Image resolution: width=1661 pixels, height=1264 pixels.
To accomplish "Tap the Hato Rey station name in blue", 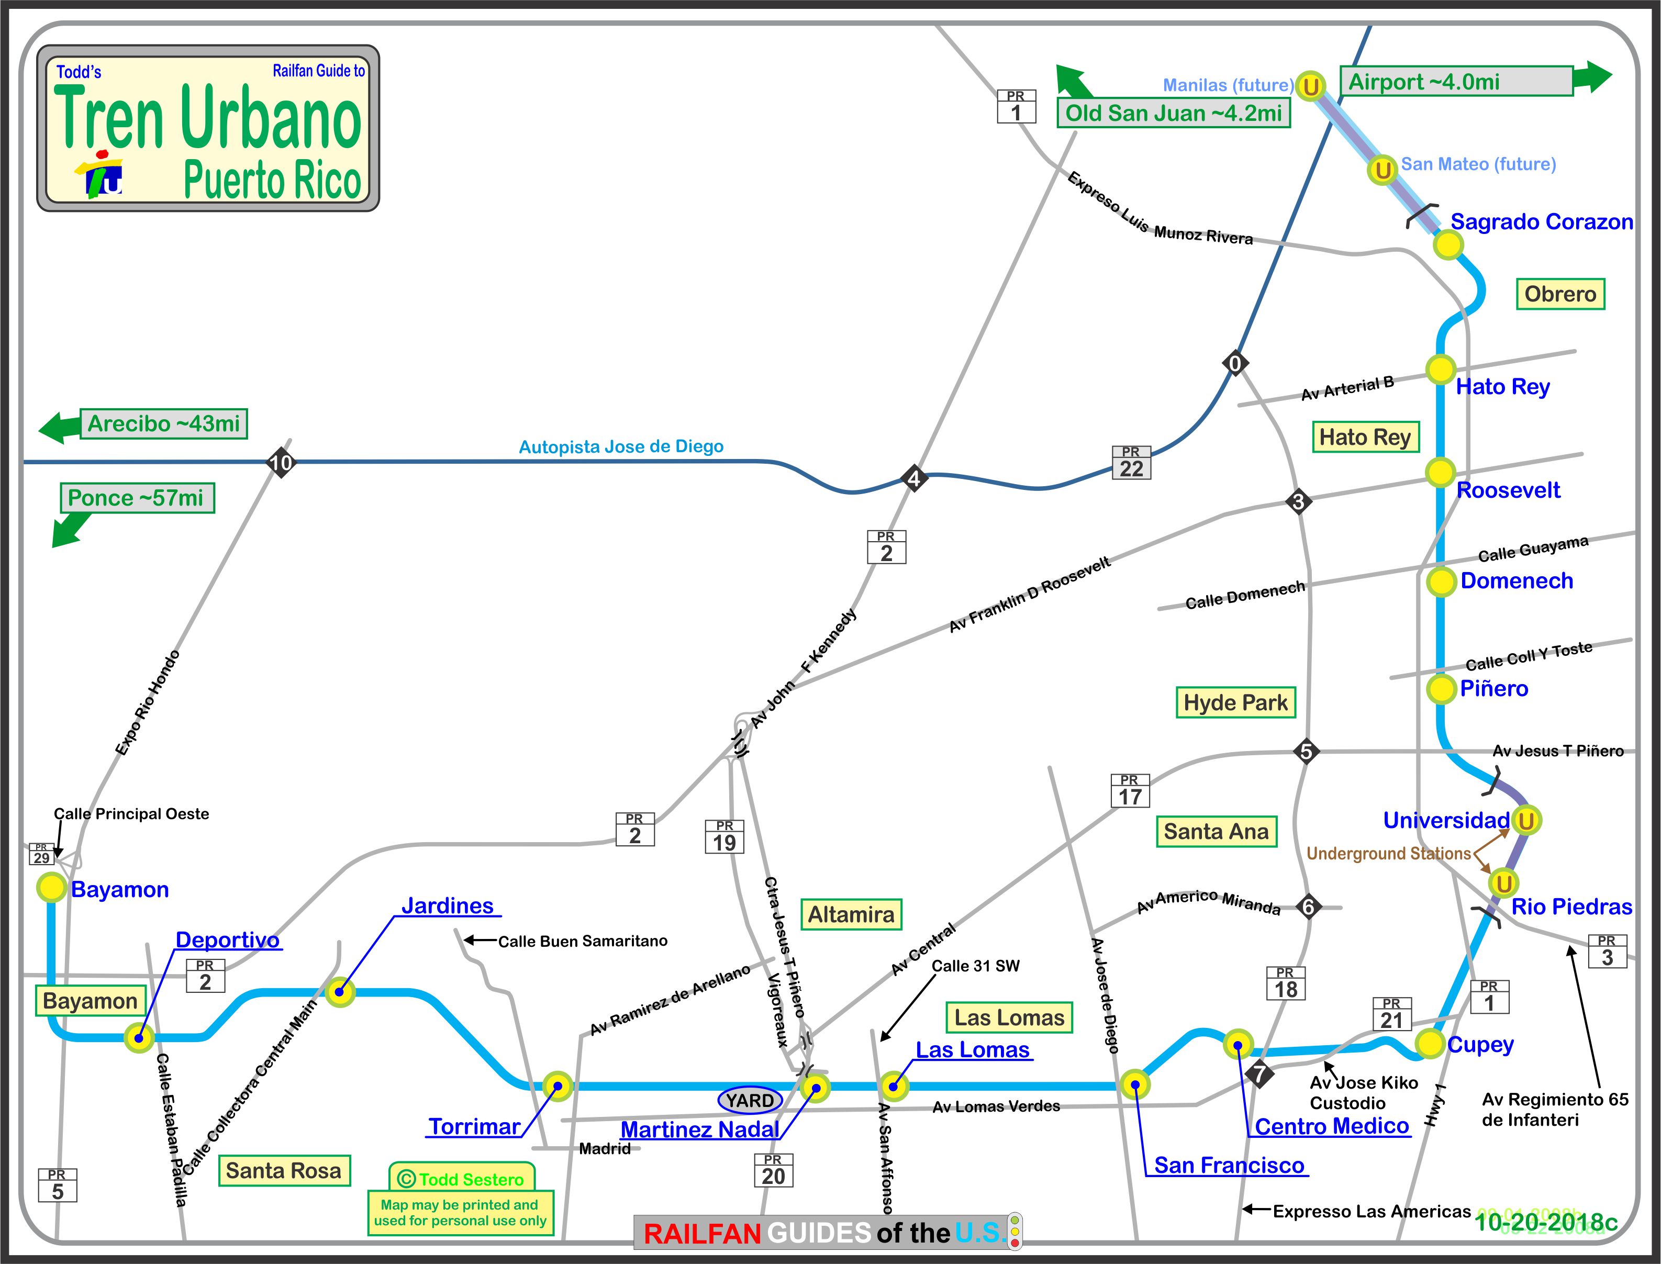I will tap(1502, 387).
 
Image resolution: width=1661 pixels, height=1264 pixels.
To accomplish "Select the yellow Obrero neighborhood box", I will tap(1559, 294).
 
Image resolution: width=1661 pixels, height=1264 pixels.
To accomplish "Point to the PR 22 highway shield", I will tap(1131, 463).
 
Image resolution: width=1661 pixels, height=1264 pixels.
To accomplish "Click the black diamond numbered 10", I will tap(281, 462).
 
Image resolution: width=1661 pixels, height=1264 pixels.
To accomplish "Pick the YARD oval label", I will tap(750, 1101).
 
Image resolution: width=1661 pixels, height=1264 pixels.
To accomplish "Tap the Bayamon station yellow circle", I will tap(51, 888).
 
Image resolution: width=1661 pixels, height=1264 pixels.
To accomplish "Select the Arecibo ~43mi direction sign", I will tap(163, 423).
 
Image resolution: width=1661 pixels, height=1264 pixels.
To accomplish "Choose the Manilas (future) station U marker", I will tap(1310, 86).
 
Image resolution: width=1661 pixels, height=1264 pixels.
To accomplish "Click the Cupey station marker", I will tap(1429, 1044).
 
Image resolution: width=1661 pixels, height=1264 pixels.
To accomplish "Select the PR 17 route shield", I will tap(1130, 791).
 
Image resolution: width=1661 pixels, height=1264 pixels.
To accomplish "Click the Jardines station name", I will tap(447, 906).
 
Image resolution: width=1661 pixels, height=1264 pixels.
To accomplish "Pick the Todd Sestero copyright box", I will tap(461, 1179).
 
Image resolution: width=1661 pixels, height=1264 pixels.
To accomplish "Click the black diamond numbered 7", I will tap(1259, 1073).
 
